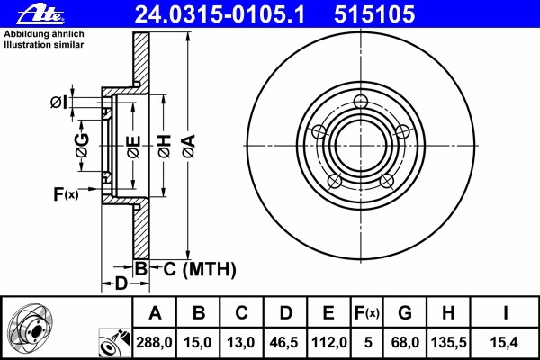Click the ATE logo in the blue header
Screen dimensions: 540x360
[40, 14]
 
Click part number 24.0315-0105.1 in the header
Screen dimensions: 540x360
[220, 14]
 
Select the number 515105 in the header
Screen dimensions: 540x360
[374, 14]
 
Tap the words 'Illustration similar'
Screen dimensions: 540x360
[44, 45]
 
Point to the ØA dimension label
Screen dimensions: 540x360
[189, 147]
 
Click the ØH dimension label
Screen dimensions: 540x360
[165, 147]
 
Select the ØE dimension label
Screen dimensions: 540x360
[133, 147]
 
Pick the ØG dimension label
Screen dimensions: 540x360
[82, 145]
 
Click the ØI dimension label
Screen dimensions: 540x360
[58, 103]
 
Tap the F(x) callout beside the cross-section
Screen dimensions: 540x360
[66, 194]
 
